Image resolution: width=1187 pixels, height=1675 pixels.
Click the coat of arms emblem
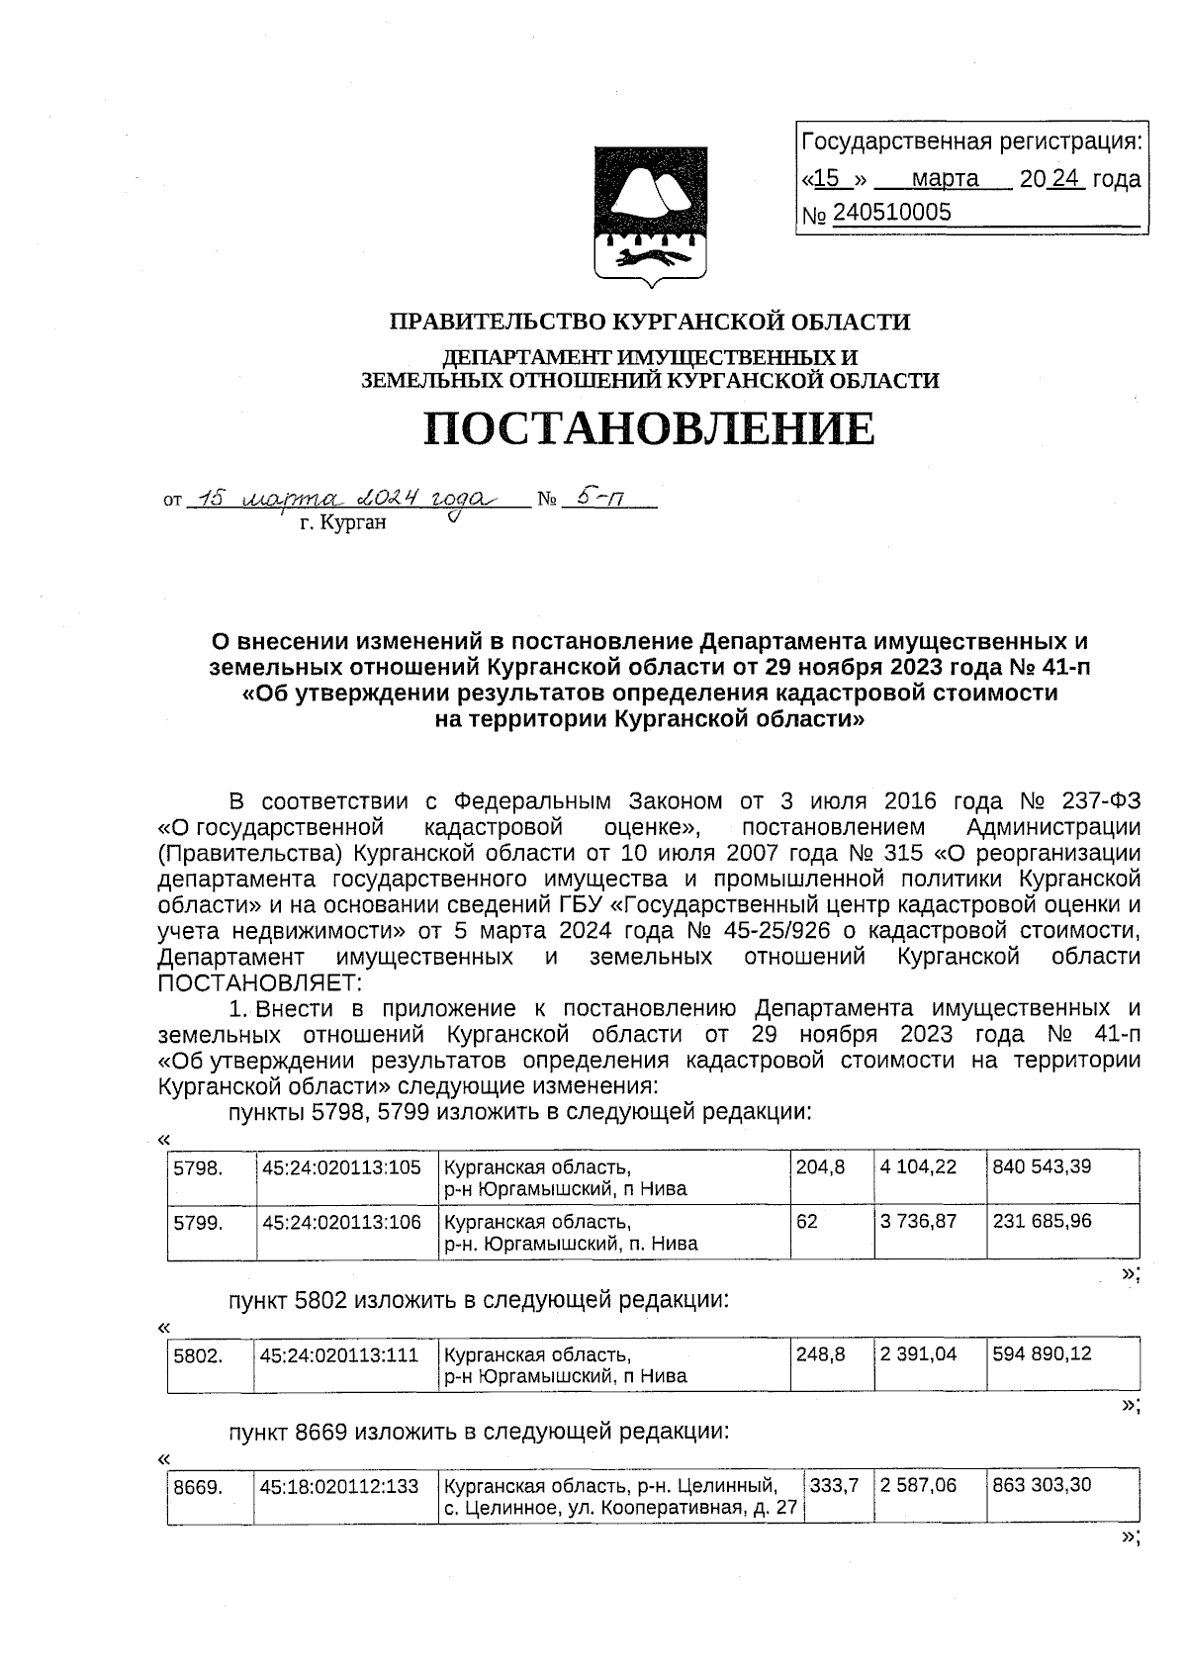point(650,217)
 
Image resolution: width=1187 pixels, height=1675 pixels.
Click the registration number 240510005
point(891,213)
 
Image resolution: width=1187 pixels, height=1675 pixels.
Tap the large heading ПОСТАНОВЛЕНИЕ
point(649,428)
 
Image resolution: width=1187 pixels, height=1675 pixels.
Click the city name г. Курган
point(342,523)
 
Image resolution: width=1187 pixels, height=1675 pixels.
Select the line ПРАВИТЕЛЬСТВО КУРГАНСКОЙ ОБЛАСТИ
point(649,322)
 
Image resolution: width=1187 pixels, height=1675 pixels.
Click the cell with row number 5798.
point(197,1167)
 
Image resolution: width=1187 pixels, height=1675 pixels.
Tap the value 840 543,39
point(1042,1167)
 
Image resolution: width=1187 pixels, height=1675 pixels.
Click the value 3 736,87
point(918,1222)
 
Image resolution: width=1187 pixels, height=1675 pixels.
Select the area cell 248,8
point(820,1353)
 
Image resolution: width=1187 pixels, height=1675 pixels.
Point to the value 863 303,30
point(1042,1486)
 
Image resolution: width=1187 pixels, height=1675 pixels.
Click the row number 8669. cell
point(197,1486)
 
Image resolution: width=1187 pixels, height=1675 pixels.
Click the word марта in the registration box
point(944,179)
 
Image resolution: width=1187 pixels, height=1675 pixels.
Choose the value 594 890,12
point(1042,1353)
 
